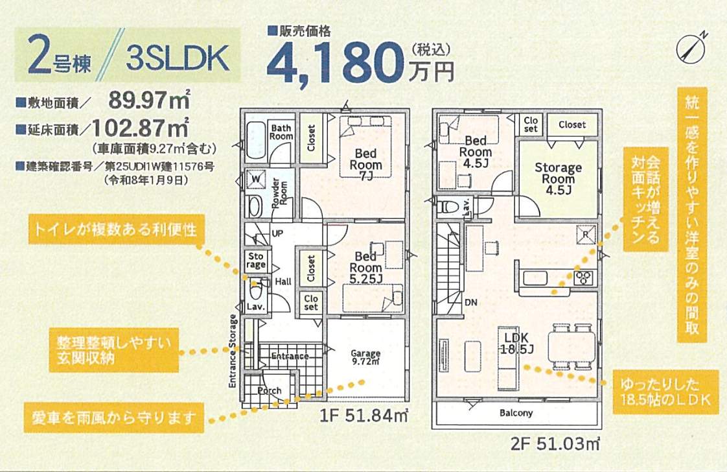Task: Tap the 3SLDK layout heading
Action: click(178, 59)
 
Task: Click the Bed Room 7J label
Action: click(366, 165)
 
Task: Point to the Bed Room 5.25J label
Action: click(366, 267)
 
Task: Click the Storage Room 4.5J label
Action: click(558, 178)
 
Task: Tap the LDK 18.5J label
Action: click(516, 344)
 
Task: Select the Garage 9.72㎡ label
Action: click(365, 357)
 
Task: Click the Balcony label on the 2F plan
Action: click(516, 412)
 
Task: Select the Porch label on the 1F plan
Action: click(270, 390)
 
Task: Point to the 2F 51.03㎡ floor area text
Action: click(557, 444)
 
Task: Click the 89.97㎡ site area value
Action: click(148, 100)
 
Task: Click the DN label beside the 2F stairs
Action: click(471, 301)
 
